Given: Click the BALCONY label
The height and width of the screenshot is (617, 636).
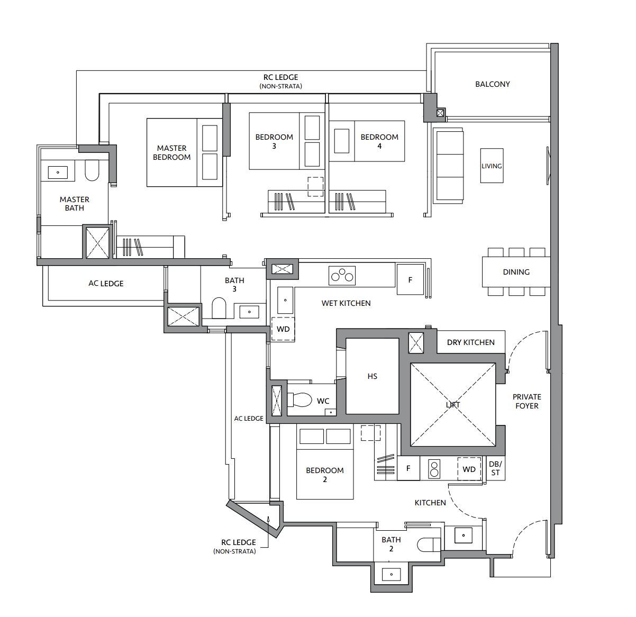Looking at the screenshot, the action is [492, 84].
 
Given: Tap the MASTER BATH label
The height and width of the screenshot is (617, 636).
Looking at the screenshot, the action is [74, 204].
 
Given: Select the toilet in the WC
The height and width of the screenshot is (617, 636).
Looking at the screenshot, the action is [299, 400].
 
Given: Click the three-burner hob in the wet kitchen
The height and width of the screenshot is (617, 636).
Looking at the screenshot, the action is [342, 276].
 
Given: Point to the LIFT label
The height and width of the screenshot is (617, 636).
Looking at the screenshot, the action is [452, 405].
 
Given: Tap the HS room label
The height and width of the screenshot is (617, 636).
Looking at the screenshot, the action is [372, 376].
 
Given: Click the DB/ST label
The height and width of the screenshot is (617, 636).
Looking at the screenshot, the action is [495, 468].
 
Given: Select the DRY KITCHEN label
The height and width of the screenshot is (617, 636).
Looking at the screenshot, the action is [470, 342].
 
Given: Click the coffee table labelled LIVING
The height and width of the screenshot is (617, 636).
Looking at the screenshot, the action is [492, 166].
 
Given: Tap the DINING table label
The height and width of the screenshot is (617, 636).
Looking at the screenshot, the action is [516, 272].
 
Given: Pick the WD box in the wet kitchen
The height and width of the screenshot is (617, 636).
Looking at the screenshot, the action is [283, 329].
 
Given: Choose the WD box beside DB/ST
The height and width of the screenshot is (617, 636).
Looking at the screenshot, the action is [469, 469].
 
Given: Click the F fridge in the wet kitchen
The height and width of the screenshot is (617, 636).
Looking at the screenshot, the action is [410, 279].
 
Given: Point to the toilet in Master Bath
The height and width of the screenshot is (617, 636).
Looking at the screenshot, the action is [92, 170].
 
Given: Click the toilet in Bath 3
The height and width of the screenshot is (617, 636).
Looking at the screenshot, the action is [219, 308].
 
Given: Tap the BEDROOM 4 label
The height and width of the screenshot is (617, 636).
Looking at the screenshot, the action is [379, 141].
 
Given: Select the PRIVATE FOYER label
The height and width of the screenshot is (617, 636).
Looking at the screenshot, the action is [526, 401].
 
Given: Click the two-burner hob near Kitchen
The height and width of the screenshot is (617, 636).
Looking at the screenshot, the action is [434, 469].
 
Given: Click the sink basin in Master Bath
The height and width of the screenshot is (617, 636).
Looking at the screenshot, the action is [58, 172].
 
